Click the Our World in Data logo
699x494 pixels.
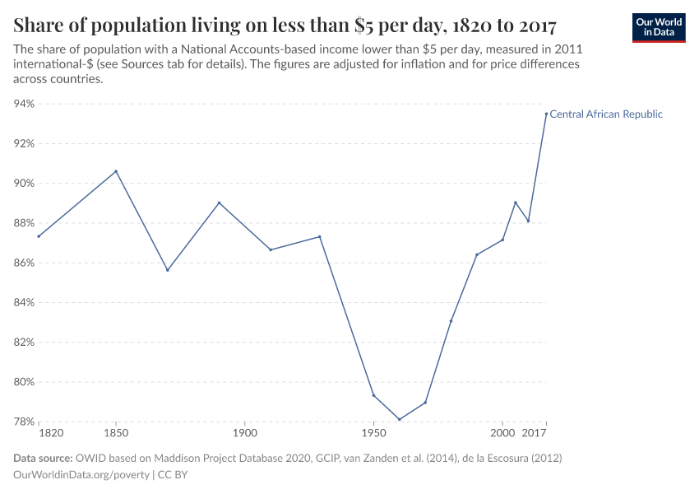pos(658,27)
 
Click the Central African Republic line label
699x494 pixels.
pos(605,114)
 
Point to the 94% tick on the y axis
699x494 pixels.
pos(24,104)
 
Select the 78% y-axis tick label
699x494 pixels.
pos(24,422)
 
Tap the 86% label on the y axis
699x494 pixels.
pos(24,263)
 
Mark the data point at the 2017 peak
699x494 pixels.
pos(546,114)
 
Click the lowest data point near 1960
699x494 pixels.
pos(400,419)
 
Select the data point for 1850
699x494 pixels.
pos(116,171)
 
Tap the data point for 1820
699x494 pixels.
pos(39,236)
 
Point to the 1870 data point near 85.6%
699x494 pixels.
pos(168,270)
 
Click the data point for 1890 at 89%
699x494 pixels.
pos(219,203)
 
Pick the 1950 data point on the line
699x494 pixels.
pos(373,395)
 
